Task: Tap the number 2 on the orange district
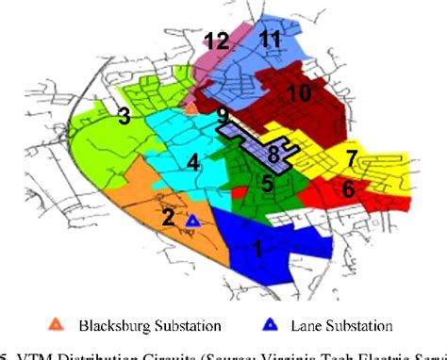(167, 218)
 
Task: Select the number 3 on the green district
(123, 117)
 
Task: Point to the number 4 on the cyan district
(192, 162)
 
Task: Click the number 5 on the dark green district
(268, 183)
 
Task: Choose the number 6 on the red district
(348, 188)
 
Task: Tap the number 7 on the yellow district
(350, 157)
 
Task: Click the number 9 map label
(222, 117)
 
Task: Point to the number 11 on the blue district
(272, 40)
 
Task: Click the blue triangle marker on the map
(193, 221)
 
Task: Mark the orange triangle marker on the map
(190, 109)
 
